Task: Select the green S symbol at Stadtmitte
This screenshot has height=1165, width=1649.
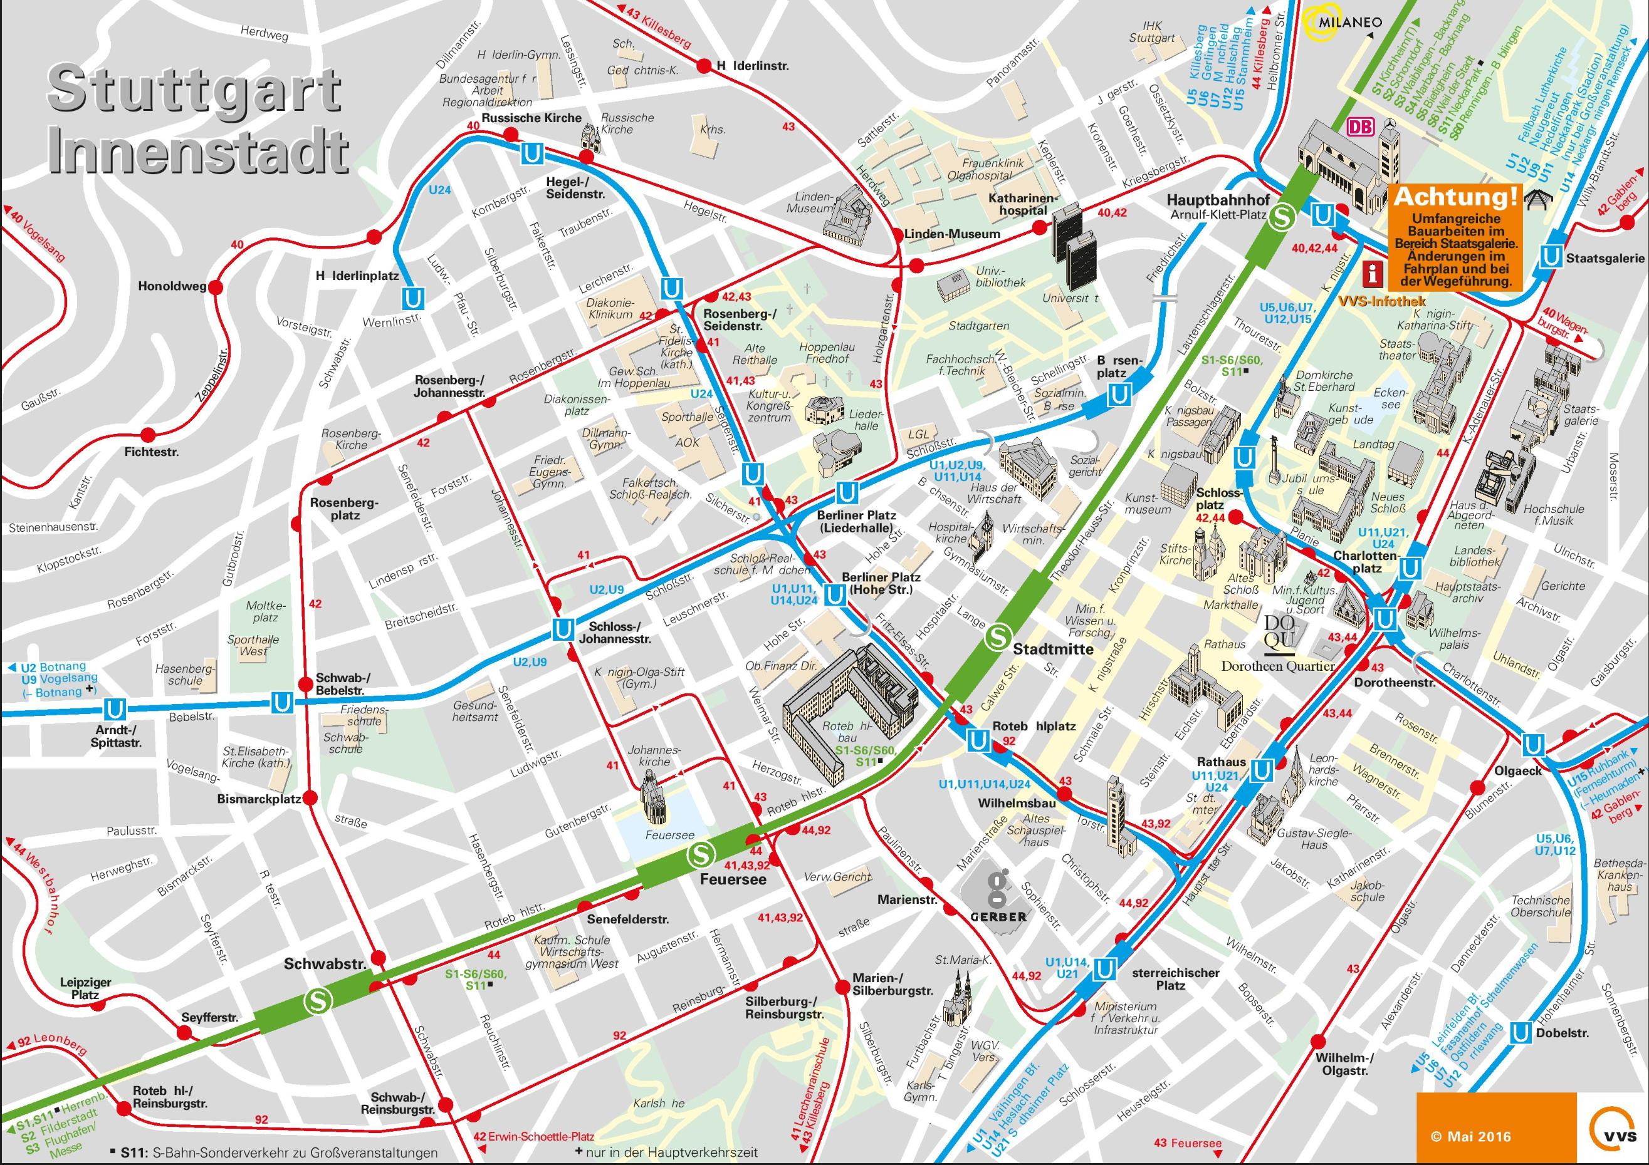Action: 998,634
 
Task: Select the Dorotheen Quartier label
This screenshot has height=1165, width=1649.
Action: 1278,665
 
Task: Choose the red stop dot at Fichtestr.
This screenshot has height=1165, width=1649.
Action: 149,434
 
